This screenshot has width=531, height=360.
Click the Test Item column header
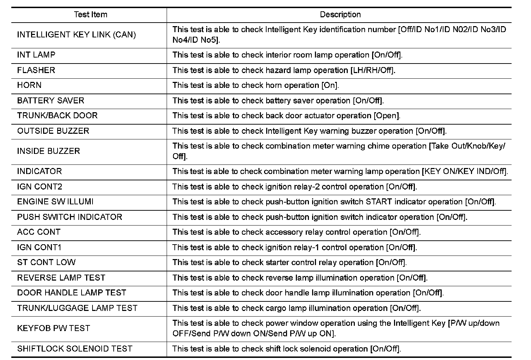[x=90, y=15]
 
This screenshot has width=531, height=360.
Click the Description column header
[x=340, y=15]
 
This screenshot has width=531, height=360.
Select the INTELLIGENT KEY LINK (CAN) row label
[x=76, y=35]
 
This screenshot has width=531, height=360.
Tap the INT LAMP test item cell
[x=36, y=55]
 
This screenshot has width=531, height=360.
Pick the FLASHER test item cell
[x=36, y=70]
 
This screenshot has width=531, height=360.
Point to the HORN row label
[x=29, y=85]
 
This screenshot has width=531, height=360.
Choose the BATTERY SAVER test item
[x=50, y=101]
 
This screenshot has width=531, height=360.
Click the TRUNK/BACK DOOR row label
[x=57, y=116]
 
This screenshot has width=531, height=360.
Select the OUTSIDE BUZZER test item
[x=53, y=131]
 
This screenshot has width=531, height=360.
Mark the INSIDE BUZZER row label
[x=49, y=151]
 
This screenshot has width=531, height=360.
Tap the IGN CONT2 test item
[x=40, y=187]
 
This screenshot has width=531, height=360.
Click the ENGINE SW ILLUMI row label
[x=55, y=202]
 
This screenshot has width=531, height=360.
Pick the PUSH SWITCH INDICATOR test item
[x=70, y=217]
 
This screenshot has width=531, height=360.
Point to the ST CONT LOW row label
[x=46, y=263]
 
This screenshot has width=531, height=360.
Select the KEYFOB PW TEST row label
[x=53, y=328]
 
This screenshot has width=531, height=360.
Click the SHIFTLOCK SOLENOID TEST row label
[x=75, y=349]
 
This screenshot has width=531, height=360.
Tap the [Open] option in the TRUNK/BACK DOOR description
[x=387, y=116]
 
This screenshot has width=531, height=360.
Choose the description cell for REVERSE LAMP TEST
[x=300, y=278]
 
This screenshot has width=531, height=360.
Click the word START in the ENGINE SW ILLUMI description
[x=379, y=202]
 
